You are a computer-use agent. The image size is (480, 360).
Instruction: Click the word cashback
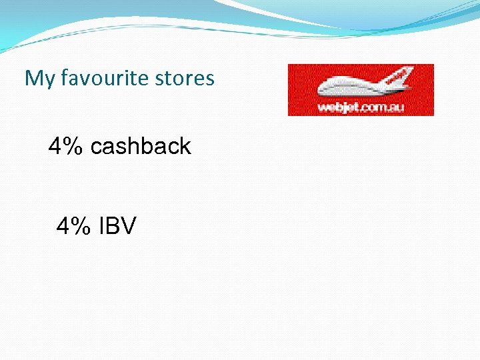pyautogui.click(x=140, y=146)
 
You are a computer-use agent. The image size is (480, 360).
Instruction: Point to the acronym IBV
pyautogui.click(x=117, y=227)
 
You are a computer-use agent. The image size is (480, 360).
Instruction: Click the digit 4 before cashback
pyautogui.click(x=55, y=146)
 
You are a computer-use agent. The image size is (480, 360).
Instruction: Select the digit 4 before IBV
pyautogui.click(x=64, y=227)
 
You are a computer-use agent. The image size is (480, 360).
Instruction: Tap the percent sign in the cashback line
pyautogui.click(x=73, y=146)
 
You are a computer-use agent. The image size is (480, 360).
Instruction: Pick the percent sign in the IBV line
pyautogui.click(x=81, y=227)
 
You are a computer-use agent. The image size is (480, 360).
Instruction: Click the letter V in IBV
pyautogui.click(x=129, y=227)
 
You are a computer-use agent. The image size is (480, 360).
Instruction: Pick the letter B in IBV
pyautogui.click(x=114, y=227)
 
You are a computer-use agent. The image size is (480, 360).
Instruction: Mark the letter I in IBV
pyautogui.click(x=102, y=227)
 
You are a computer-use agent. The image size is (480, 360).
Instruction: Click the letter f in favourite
pyautogui.click(x=64, y=78)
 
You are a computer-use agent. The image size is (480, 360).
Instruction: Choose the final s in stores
pyautogui.click(x=210, y=79)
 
